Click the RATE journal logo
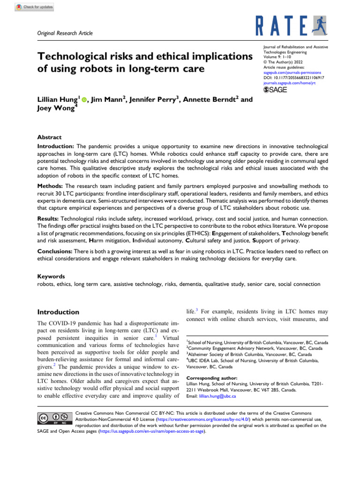pos(290,25)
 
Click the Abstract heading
pos(49,137)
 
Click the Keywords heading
pos(51,277)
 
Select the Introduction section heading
pos(58,312)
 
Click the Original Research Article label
pos(65,33)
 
